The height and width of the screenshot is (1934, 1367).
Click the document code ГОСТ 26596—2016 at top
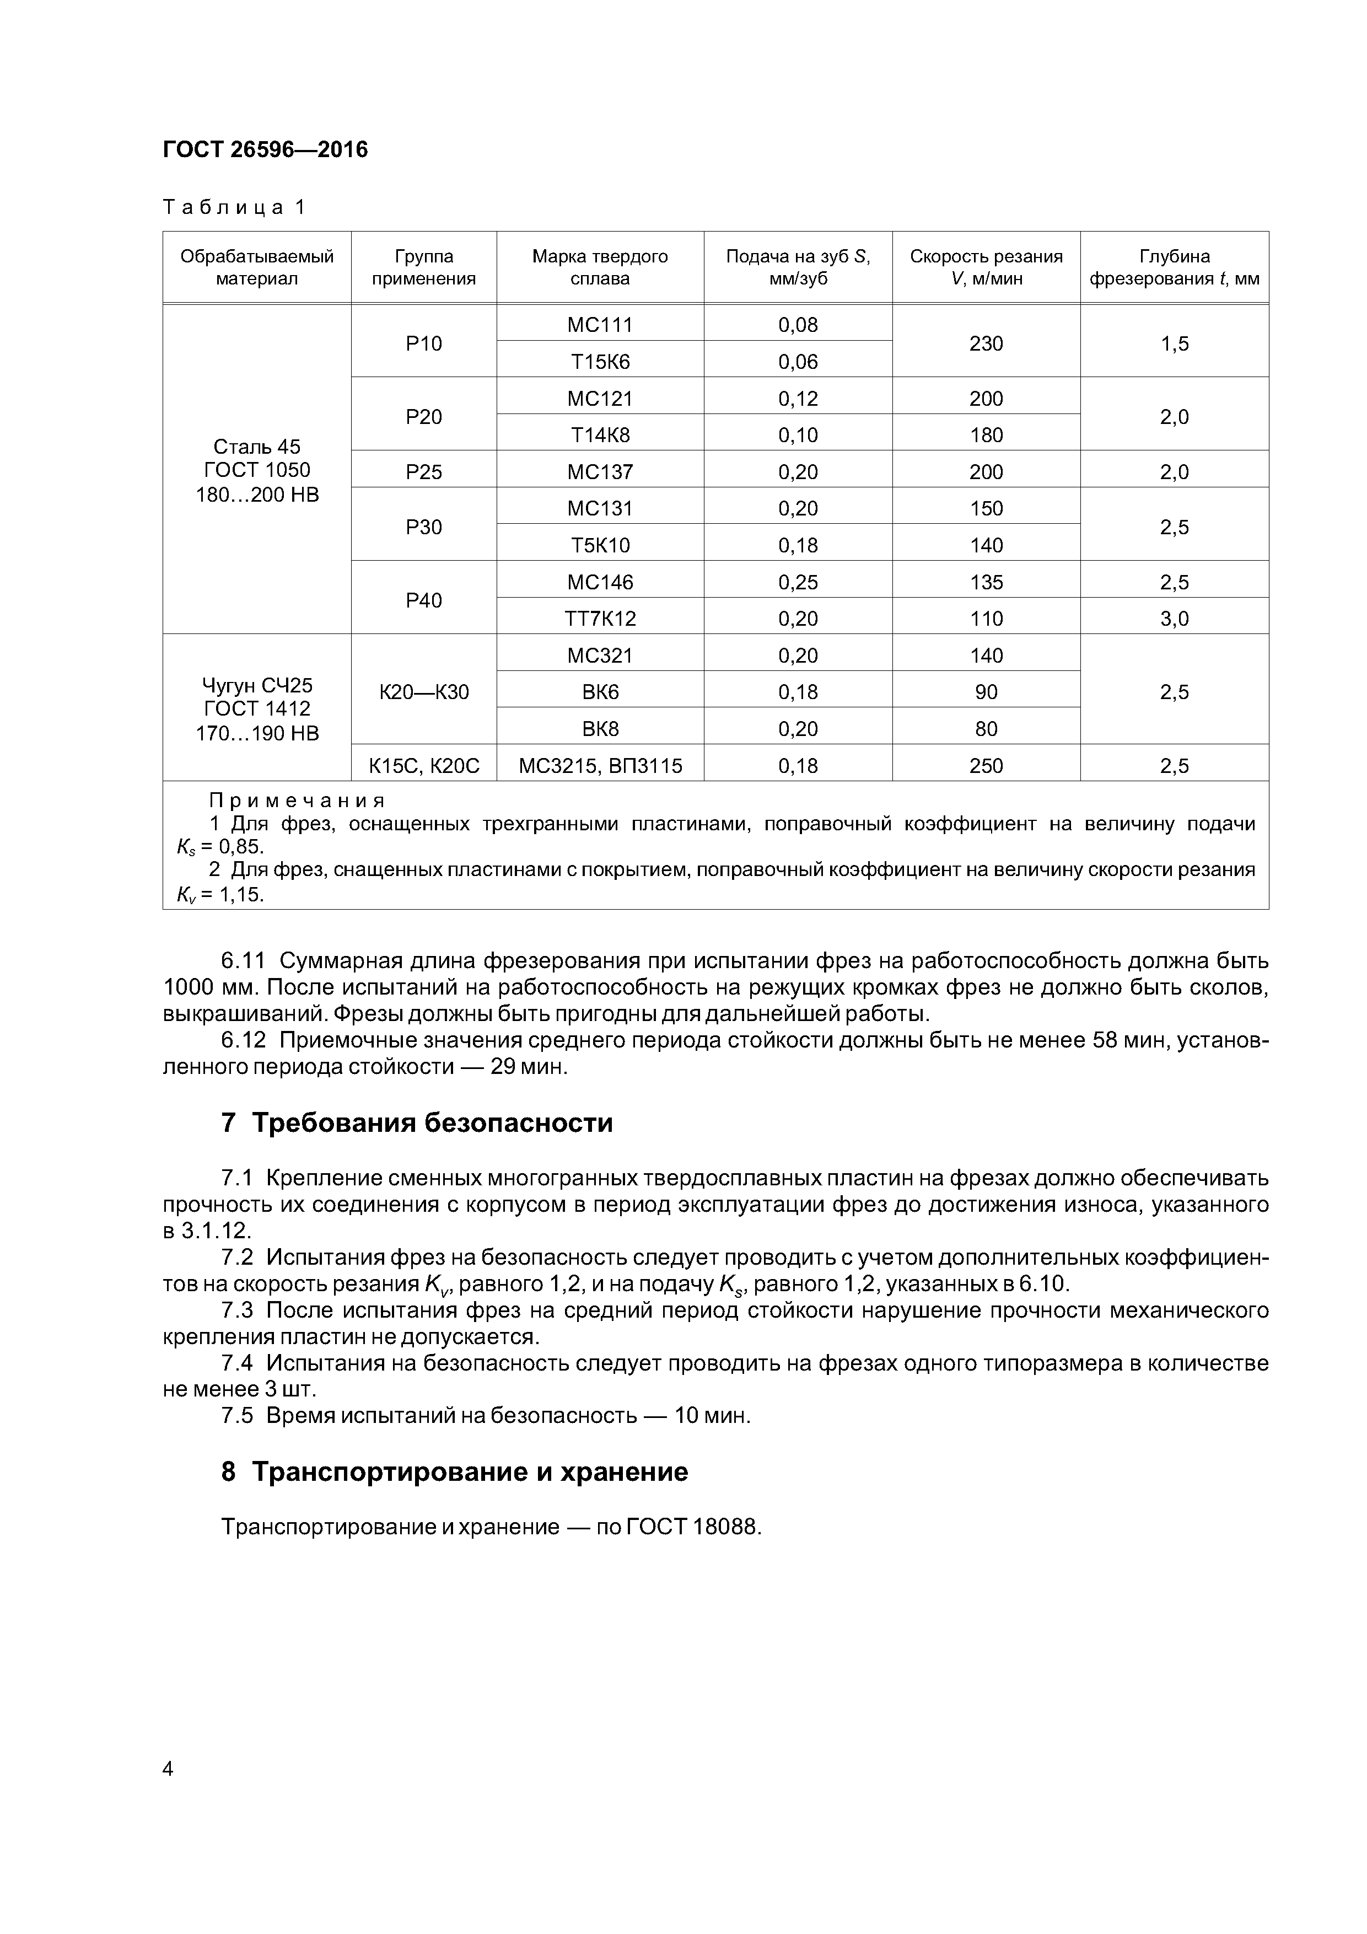point(265,150)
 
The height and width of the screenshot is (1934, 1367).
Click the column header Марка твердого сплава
point(600,267)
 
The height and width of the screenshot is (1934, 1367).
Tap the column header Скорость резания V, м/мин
point(986,267)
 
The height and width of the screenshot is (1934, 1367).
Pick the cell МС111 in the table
point(600,324)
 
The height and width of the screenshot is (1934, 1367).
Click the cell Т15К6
point(600,361)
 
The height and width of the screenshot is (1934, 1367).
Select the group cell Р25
point(424,472)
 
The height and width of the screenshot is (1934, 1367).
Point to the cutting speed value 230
point(986,343)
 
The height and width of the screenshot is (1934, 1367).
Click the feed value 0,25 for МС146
point(798,582)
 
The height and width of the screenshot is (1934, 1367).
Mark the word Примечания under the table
point(297,800)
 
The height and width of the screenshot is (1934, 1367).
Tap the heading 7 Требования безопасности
point(417,1123)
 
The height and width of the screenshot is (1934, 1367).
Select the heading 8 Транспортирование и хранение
point(454,1471)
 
